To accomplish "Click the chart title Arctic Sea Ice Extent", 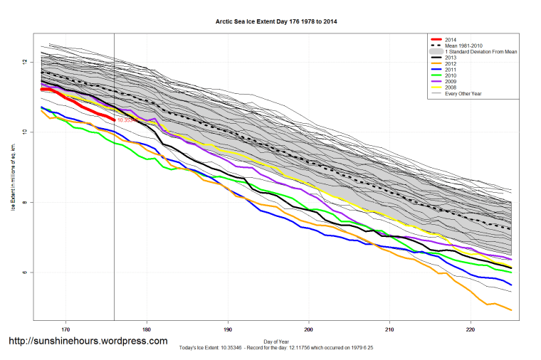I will pyautogui.click(x=276, y=22).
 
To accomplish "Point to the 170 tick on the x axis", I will pyautogui.click(x=65, y=329).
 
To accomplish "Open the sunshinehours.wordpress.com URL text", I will pyautogui.click(x=88, y=342).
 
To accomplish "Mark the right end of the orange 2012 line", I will pyautogui.click(x=512, y=310).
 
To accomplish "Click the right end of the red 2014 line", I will pyautogui.click(x=114, y=120).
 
